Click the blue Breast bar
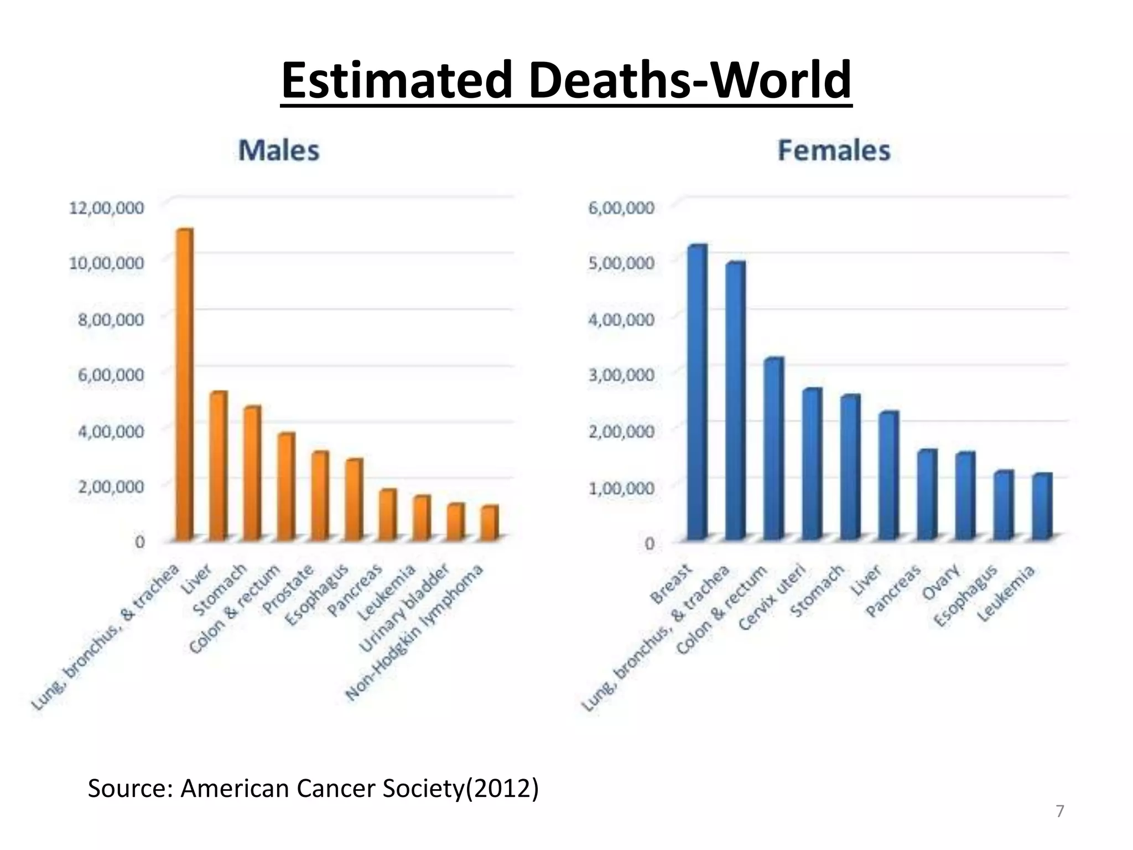coord(697,392)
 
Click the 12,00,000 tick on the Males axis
coord(106,208)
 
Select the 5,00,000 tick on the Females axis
coord(621,263)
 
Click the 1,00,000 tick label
coord(621,488)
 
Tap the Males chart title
coord(279,151)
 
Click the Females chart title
coord(834,151)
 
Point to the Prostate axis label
coord(288,590)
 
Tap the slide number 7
coord(1059,811)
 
